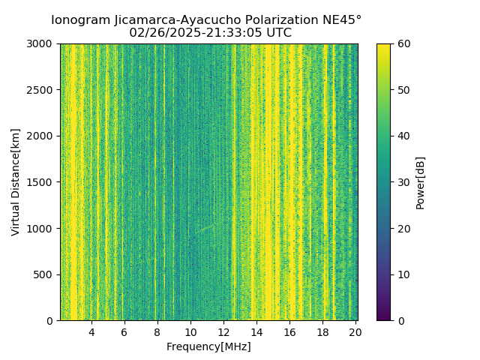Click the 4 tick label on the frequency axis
pos(91,331)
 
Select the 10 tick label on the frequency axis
pos(190,331)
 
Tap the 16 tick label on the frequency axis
pos(289,331)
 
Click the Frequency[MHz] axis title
pos(208,346)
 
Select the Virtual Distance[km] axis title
pos(16,181)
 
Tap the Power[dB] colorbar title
pos(421,182)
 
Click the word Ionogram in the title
pos(79,20)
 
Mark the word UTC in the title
pos(278,33)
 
